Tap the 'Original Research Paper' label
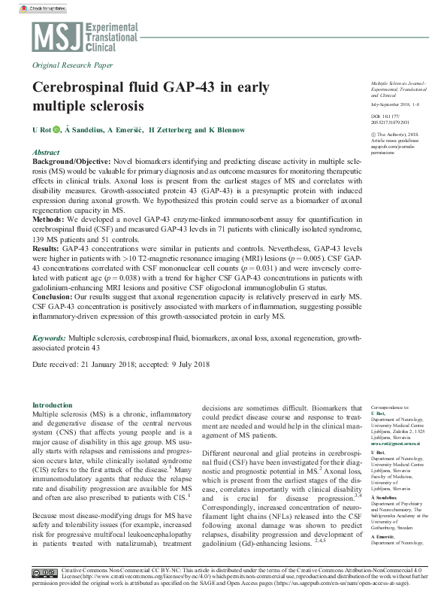pos(73,65)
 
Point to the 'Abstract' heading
pos(47,152)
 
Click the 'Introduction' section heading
pos(53,405)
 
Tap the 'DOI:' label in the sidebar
pos(376,118)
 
